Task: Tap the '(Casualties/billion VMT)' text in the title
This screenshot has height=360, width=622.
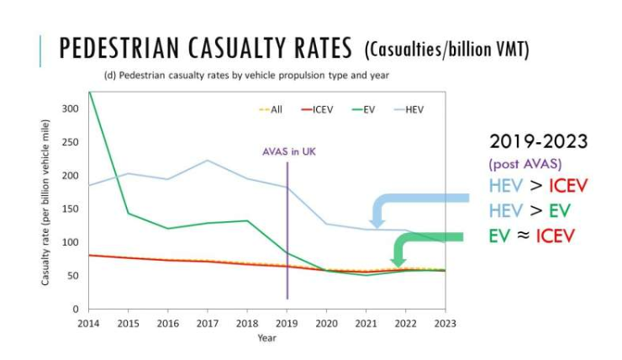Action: pyautogui.click(x=446, y=50)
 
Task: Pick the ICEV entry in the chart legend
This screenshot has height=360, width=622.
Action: pyautogui.click(x=319, y=109)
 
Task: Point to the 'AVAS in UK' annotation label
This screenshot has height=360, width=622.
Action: pyautogui.click(x=287, y=151)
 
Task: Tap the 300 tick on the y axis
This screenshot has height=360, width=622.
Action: pyautogui.click(x=71, y=109)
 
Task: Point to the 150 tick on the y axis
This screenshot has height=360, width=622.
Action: pyautogui.click(x=71, y=209)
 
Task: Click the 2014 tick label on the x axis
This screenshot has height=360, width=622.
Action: pyautogui.click(x=87, y=322)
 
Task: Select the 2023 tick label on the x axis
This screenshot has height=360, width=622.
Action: pyautogui.click(x=446, y=322)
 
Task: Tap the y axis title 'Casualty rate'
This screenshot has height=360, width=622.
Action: pyautogui.click(x=50, y=209)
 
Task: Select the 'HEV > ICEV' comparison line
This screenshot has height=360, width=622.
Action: pyautogui.click(x=530, y=185)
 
